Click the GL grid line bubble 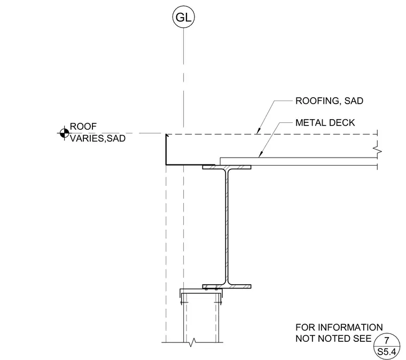183,17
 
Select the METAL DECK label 325,123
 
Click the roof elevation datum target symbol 64,134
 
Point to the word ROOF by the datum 83,127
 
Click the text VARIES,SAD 98,138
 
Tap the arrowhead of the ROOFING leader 258,131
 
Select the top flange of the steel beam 227,167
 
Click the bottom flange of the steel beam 227,286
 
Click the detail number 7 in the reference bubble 387,340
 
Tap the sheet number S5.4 387,352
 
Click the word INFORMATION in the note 350,327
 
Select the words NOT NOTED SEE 333,339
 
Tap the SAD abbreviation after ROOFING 354,100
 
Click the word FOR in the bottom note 305,327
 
